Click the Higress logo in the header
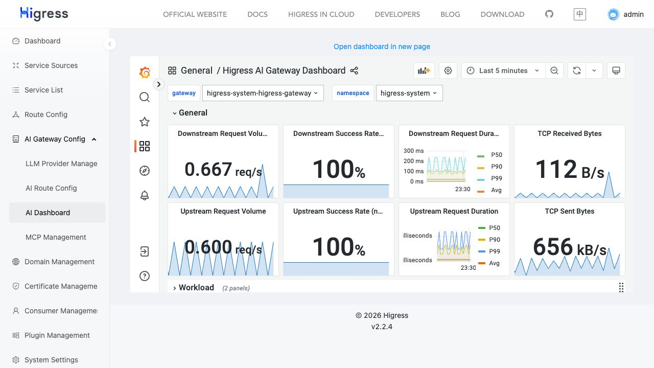coord(44,14)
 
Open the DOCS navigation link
coord(257,14)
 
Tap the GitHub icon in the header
coord(549,14)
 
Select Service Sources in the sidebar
coord(51,65)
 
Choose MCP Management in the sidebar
coord(56,237)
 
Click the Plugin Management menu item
coord(57,335)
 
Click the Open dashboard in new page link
coord(382,47)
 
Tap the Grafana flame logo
coord(145,73)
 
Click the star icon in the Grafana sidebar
coord(145,122)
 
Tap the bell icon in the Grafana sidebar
coord(145,195)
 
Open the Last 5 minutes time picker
coord(503,71)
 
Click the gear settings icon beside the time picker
coord(448,71)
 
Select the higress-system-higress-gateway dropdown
coord(263,93)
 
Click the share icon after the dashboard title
coord(354,71)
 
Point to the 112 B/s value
coord(569,169)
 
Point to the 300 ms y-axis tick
coord(413,151)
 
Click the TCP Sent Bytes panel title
coord(569,211)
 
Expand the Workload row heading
coord(196,288)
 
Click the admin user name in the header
coord(633,14)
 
